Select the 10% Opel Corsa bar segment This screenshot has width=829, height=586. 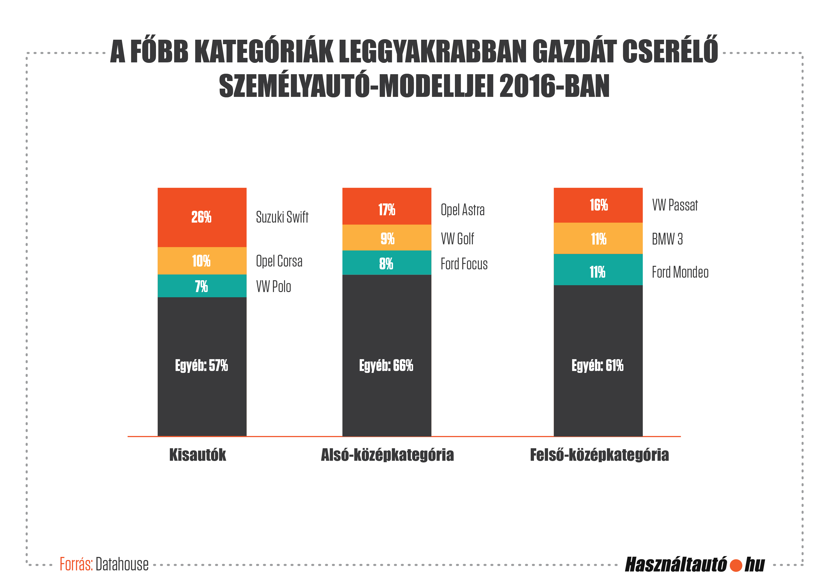click(x=202, y=261)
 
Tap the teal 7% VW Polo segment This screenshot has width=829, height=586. click(x=202, y=286)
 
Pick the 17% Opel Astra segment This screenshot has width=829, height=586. click(x=387, y=206)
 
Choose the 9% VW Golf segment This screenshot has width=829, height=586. click(x=387, y=237)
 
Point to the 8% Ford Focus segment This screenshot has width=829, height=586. click(x=387, y=263)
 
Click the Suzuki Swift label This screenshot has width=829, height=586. click(x=282, y=217)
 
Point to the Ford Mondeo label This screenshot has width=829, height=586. click(x=680, y=272)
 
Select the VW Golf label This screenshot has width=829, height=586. click(x=457, y=239)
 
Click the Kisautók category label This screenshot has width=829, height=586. click(x=198, y=455)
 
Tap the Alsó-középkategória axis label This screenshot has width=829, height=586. click(x=387, y=455)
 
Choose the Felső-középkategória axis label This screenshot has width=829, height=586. click(x=599, y=455)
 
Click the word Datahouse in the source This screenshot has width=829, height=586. click(x=122, y=564)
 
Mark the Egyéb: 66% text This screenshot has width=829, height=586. click(x=386, y=365)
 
